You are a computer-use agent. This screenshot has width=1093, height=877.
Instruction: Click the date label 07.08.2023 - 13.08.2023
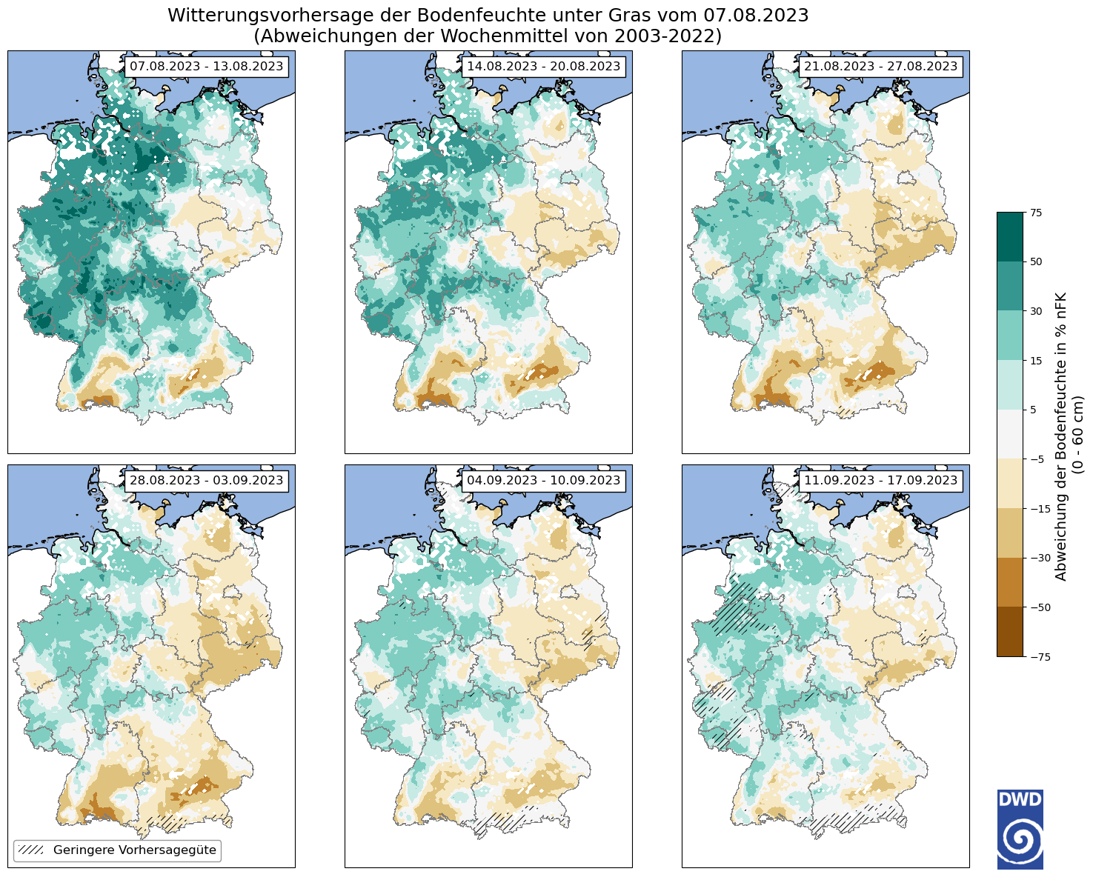(206, 67)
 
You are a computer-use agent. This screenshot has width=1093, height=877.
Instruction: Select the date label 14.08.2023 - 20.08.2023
(543, 67)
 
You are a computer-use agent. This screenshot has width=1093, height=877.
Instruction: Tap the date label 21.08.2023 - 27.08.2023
(880, 67)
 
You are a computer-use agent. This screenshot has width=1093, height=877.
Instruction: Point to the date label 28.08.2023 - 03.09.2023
(206, 481)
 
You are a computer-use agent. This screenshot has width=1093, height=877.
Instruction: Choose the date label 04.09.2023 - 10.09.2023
(543, 481)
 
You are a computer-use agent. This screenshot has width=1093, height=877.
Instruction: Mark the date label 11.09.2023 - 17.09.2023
(880, 481)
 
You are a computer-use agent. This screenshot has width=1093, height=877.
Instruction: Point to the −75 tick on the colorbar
(1035, 656)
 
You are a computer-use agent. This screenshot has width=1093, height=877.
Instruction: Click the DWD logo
(1020, 829)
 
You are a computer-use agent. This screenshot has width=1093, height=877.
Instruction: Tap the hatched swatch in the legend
(31, 850)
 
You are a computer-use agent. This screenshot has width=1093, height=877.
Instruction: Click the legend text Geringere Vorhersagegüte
(135, 850)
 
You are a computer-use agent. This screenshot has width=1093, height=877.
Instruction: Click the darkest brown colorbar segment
(1009, 631)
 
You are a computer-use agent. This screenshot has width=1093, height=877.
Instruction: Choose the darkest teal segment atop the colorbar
(1009, 237)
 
